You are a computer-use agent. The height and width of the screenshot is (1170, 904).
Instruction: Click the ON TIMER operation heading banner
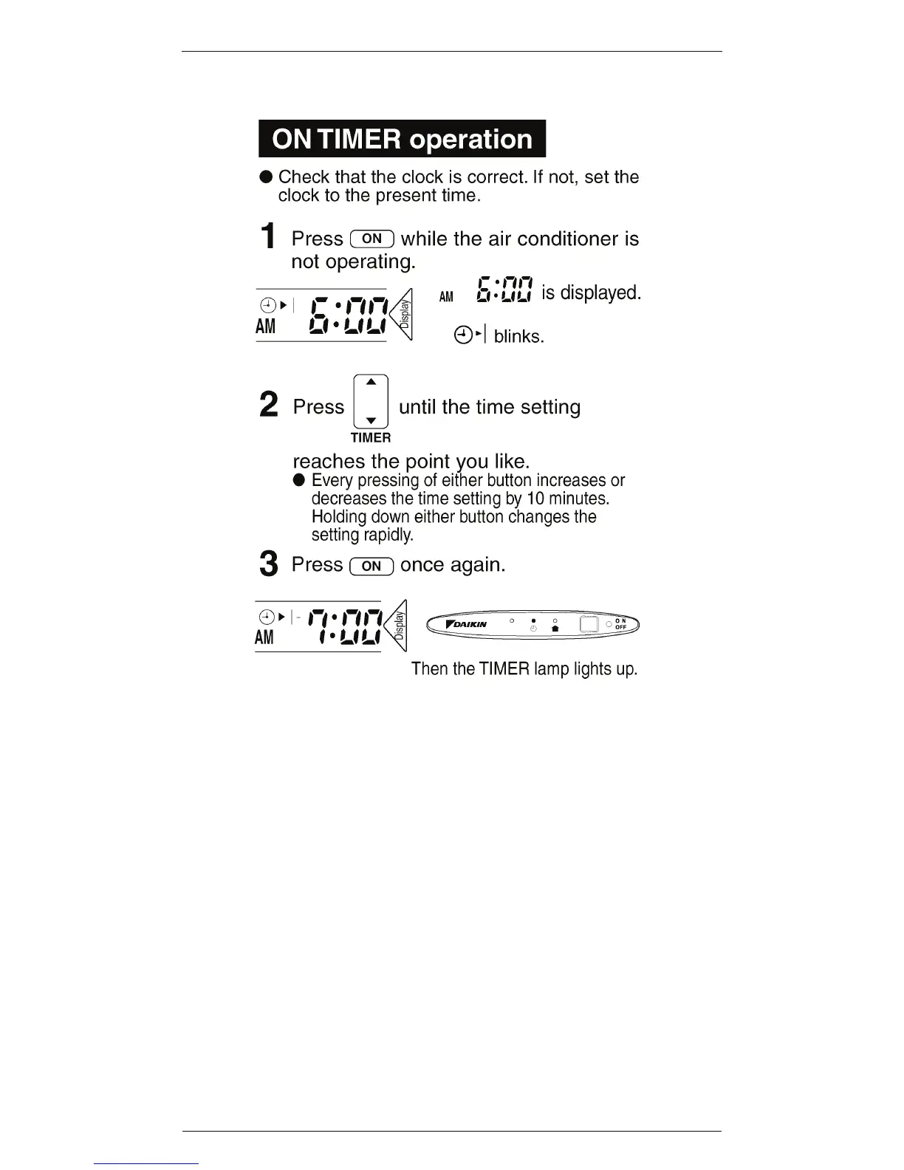coord(402,139)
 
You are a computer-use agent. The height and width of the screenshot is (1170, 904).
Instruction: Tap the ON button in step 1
coord(372,239)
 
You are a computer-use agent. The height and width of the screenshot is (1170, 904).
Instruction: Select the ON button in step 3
coord(371,566)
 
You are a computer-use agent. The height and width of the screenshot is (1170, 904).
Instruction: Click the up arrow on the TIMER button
coord(371,382)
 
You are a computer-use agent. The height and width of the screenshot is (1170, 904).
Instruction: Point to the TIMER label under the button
coord(371,437)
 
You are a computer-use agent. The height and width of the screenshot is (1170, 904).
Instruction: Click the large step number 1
coord(269,237)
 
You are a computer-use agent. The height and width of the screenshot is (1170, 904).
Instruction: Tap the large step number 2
coord(269,405)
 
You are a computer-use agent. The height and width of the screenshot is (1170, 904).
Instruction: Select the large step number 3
coord(269,564)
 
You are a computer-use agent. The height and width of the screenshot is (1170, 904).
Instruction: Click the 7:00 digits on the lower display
coord(344,626)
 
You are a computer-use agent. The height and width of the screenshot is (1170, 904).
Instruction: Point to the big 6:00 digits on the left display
coord(348,315)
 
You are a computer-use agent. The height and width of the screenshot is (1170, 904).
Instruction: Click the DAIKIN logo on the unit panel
coord(467,624)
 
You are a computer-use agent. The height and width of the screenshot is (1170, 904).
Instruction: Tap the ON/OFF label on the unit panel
coord(620,624)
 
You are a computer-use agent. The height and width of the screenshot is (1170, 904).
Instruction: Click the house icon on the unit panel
coord(555,628)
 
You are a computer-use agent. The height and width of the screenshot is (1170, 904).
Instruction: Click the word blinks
coord(518,337)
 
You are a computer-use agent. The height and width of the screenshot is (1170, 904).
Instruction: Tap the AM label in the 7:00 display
coord(264,637)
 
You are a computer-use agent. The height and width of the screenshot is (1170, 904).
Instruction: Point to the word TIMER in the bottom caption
coord(504,669)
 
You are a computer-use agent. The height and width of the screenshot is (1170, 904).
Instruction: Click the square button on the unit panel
coord(589,624)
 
